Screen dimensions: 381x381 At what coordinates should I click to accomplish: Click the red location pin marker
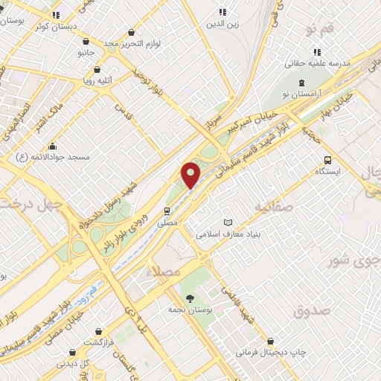pyautogui.click(x=191, y=174)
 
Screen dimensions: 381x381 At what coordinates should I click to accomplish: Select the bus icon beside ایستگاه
pyautogui.click(x=327, y=160)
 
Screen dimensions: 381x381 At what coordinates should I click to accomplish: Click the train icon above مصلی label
pyautogui.click(x=167, y=211)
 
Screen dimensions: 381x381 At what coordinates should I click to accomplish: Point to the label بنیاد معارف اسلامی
pyautogui.click(x=231, y=234)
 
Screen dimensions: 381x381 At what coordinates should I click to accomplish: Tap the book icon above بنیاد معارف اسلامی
pyautogui.click(x=228, y=222)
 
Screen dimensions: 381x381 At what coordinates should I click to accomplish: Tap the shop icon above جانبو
pyautogui.click(x=86, y=42)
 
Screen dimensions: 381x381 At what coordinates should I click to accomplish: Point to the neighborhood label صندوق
pyautogui.click(x=310, y=312)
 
